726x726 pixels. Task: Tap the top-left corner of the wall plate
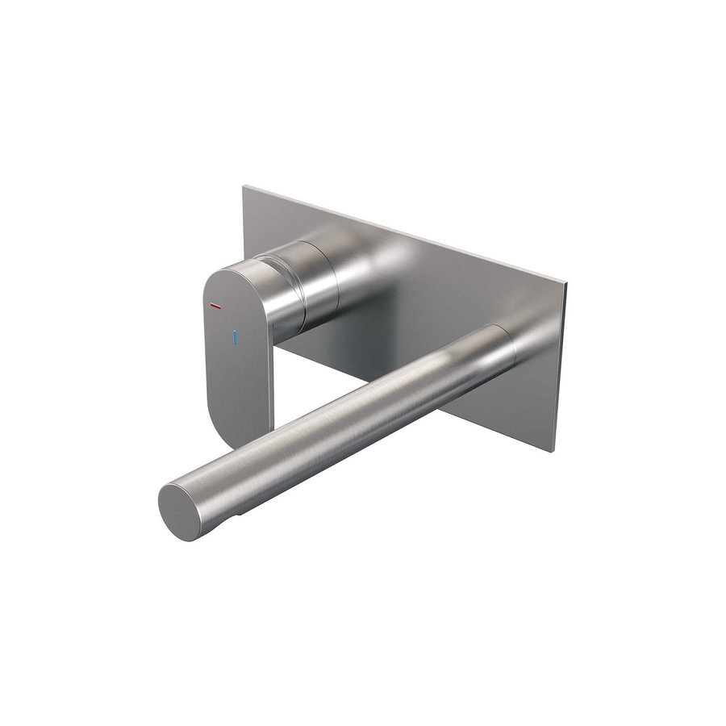245,187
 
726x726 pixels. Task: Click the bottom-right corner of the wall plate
555,450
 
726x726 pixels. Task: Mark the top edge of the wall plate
403,235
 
